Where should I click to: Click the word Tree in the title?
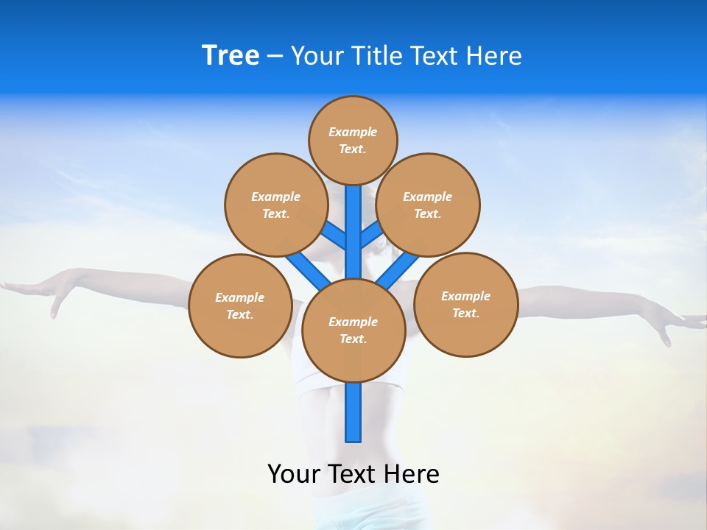pyautogui.click(x=231, y=56)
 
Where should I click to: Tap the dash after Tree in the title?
pyautogui.click(x=275, y=57)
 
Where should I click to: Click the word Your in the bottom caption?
pyautogui.click(x=293, y=474)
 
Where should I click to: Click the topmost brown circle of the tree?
pyautogui.click(x=353, y=140)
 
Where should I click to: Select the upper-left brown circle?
pyautogui.click(x=275, y=205)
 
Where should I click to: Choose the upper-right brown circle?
pyautogui.click(x=427, y=205)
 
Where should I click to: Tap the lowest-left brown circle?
pyautogui.click(x=240, y=305)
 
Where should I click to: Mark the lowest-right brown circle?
pyautogui.click(x=465, y=304)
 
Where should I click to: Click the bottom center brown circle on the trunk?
pyautogui.click(x=353, y=331)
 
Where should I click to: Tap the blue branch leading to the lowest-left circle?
pyautogui.click(x=306, y=269)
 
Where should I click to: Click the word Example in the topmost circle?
pyautogui.click(x=353, y=132)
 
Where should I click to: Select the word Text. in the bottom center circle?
pyautogui.click(x=353, y=339)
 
